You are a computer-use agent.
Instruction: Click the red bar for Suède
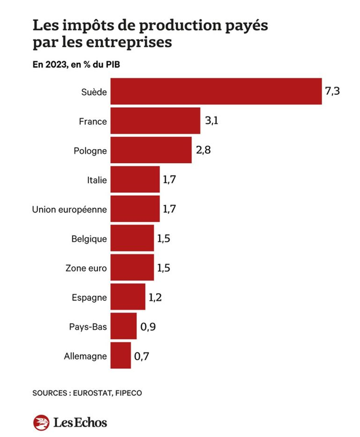(216, 91)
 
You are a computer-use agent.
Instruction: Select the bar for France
(155, 121)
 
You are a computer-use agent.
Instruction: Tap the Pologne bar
(151, 150)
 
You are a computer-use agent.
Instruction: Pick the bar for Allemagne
(121, 355)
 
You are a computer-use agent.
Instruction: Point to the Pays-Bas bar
(123, 326)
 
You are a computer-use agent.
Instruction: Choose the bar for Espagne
(128, 297)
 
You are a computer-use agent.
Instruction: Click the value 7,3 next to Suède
(332, 91)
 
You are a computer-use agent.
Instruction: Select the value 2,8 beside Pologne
(203, 150)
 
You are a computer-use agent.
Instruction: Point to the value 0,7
(142, 355)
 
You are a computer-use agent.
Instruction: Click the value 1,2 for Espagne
(155, 297)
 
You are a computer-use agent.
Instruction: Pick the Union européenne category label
(69, 209)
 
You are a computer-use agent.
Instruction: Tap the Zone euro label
(86, 268)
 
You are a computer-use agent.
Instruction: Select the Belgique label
(89, 238)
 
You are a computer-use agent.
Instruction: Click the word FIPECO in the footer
(128, 393)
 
